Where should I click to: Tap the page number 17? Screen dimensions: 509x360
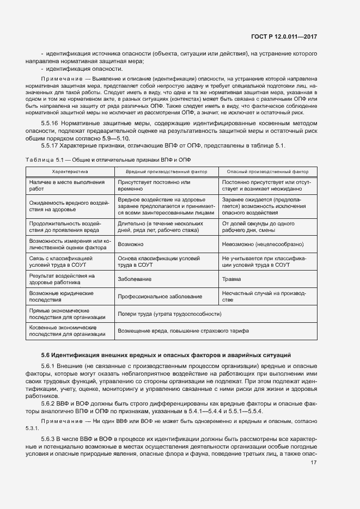pyautogui.click(x=314, y=463)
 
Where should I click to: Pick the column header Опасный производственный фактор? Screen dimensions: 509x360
pyautogui.click(x=267, y=171)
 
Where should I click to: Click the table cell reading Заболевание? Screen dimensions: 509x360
pyautogui.click(x=133, y=279)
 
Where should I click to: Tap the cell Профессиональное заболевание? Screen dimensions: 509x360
pyautogui.click(x=160, y=297)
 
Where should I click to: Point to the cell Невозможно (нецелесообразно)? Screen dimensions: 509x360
pyautogui.click(x=263, y=245)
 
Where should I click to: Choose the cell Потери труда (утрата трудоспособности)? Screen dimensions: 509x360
pyautogui.click(x=170, y=314)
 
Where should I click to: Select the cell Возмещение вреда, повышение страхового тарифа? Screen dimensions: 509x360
pyautogui.click(x=183, y=331)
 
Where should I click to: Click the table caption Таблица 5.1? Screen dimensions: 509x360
pyautogui.click(x=45, y=158)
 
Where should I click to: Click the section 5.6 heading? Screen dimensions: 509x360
pyautogui.click(x=166, y=355)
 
